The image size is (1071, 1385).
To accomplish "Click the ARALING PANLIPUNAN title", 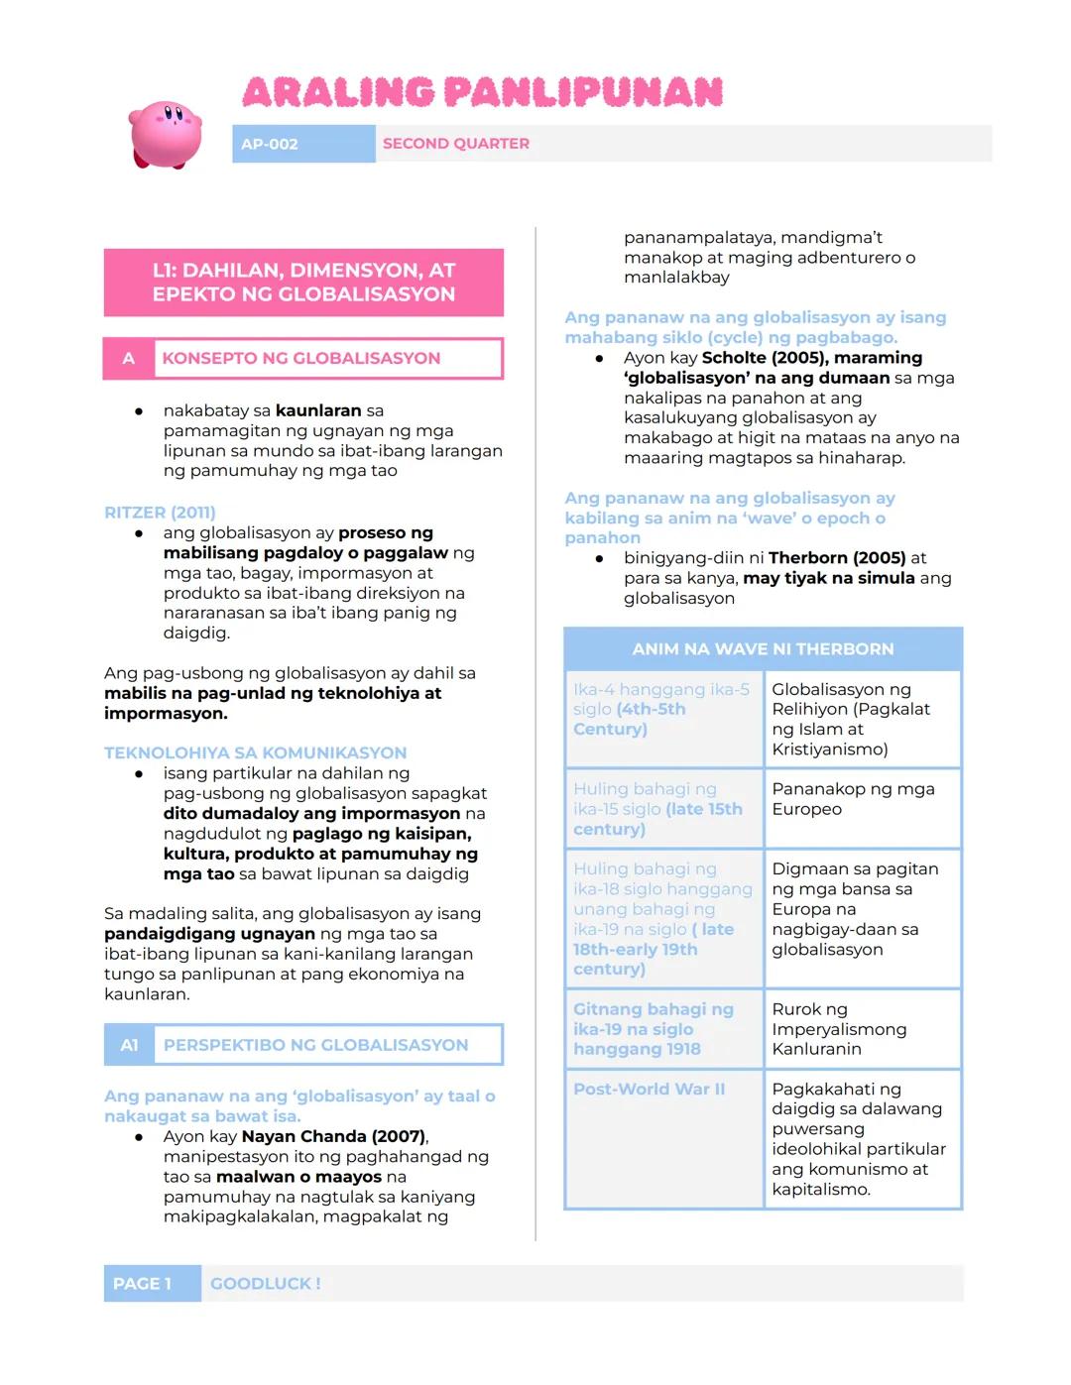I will (483, 93).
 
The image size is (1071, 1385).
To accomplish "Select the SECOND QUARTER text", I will (456, 144).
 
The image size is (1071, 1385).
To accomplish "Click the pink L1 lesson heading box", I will (303, 283).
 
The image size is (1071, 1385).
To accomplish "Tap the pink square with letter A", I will (128, 359).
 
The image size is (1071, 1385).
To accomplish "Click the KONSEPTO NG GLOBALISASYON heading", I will (301, 359).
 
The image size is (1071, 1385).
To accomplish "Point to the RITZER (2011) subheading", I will (160, 513).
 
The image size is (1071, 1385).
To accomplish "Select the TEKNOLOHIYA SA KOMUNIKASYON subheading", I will (255, 752).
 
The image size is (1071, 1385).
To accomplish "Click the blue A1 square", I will (129, 1045).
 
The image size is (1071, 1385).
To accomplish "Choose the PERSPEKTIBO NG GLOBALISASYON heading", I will (315, 1045).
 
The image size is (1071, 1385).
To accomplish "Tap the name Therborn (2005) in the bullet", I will (836, 558).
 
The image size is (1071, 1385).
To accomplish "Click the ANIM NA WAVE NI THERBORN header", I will (763, 649).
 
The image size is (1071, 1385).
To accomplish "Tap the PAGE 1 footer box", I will (142, 1284).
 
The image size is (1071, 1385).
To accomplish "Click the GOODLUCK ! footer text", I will (265, 1284).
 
